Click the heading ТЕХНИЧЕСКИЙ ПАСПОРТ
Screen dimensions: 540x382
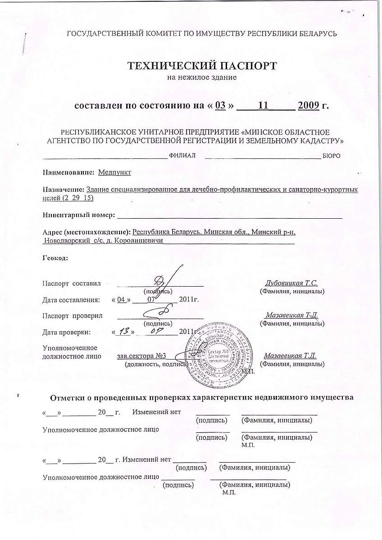click(x=201, y=66)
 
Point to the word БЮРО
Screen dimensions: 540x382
click(x=331, y=156)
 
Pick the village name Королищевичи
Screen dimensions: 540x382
click(x=137, y=241)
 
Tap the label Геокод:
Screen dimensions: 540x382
click(x=55, y=258)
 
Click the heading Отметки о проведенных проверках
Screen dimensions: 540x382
click(x=201, y=398)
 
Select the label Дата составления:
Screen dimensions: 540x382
click(x=71, y=299)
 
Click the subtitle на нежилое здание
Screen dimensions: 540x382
click(x=201, y=77)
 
